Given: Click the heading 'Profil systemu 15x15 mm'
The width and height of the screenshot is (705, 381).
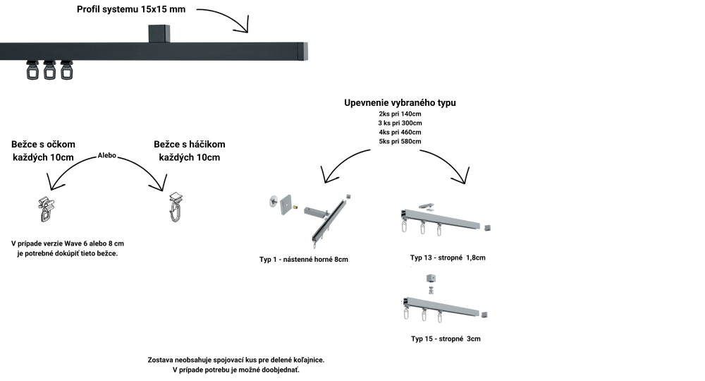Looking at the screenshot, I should [132, 10].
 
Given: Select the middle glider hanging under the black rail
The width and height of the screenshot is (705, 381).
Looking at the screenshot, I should [49, 70].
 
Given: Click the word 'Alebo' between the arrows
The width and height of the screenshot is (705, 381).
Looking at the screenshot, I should [107, 154].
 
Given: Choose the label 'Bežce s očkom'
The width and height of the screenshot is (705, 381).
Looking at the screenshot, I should [43, 144].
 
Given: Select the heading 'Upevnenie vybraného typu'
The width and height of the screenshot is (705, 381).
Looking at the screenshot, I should [400, 102].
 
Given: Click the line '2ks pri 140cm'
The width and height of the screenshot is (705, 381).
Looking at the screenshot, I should [400, 114].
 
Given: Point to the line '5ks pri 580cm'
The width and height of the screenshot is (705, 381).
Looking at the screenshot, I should [400, 141].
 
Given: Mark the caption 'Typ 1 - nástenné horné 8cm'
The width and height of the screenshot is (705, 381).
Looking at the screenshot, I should [304, 260].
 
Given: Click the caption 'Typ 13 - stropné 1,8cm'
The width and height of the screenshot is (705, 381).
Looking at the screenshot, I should [448, 258].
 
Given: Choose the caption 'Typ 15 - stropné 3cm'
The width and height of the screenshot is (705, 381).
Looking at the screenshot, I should [446, 339].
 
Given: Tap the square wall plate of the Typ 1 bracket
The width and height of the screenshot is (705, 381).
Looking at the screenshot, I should [286, 205].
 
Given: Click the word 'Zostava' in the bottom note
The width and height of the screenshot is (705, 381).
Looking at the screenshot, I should [161, 360].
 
